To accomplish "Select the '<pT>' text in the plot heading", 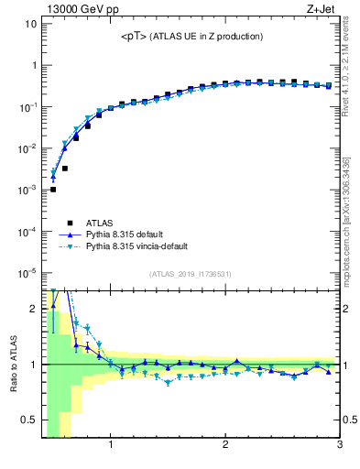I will pos(133,37).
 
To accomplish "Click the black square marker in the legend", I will pos(55,222).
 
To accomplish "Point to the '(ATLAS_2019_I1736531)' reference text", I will pos(190,273).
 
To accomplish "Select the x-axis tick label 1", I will pos(111,446).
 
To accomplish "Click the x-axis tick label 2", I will pos(225,446).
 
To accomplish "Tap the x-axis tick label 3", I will pos(339,446).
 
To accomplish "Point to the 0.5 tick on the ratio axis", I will pos(28,420).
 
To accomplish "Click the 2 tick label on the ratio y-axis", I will pos(34,309).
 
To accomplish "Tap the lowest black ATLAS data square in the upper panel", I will pos(53,190).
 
